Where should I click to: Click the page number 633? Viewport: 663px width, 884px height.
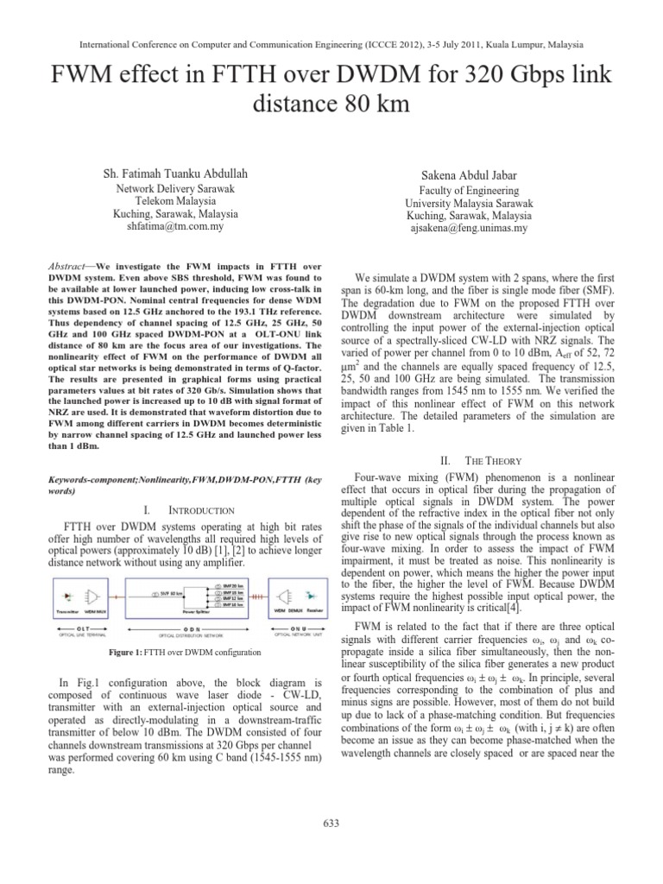331,823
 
